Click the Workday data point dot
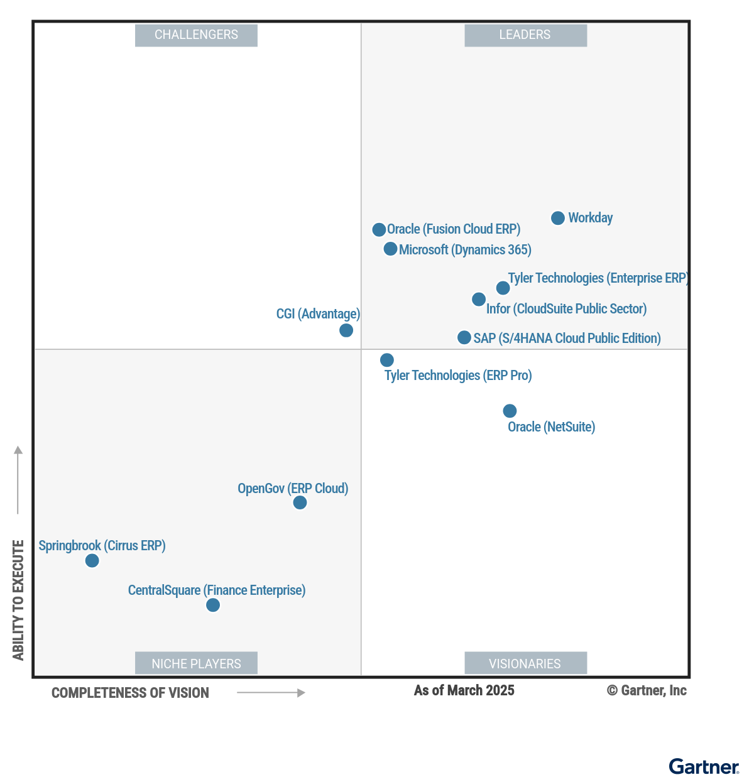pyautogui.click(x=558, y=218)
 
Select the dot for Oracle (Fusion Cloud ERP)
pyautogui.click(x=379, y=230)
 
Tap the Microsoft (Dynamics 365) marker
pyautogui.click(x=390, y=249)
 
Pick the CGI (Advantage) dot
pyautogui.click(x=346, y=330)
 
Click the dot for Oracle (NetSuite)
pyautogui.click(x=510, y=411)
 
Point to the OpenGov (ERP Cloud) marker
pyautogui.click(x=300, y=502)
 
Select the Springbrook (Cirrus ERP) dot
pyautogui.click(x=92, y=560)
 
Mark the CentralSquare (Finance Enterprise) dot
pyautogui.click(x=213, y=605)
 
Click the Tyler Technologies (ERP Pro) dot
pyautogui.click(x=387, y=360)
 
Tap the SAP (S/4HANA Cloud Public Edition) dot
pyautogui.click(x=464, y=337)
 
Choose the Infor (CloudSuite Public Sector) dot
pyautogui.click(x=479, y=299)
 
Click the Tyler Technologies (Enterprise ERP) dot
pyautogui.click(x=503, y=288)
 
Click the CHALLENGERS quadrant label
pyautogui.click(x=196, y=35)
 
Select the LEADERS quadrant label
pyautogui.click(x=525, y=35)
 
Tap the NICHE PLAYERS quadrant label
pyautogui.click(x=196, y=663)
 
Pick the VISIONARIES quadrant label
pyautogui.click(x=525, y=663)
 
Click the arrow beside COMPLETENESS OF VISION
pyautogui.click(x=271, y=693)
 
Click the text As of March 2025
pyautogui.click(x=464, y=690)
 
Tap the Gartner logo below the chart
pyautogui.click(x=704, y=767)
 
